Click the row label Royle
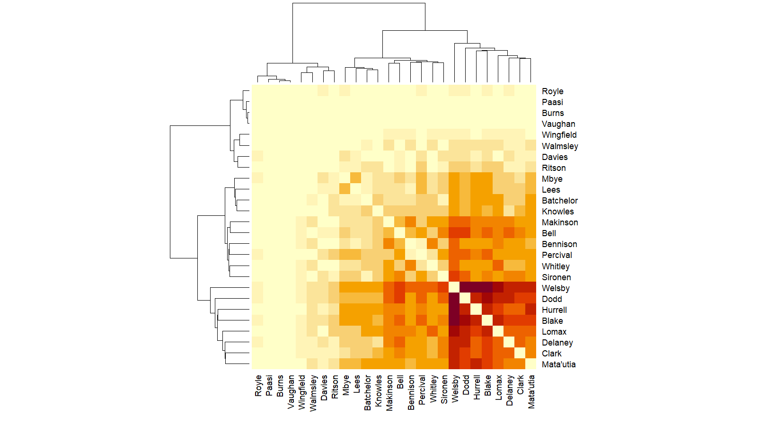tap(552, 91)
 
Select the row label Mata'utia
tap(558, 364)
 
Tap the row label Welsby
tap(556, 288)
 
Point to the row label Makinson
tap(560, 222)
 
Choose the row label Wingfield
tap(559, 135)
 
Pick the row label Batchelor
tap(560, 201)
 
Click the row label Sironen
tap(556, 277)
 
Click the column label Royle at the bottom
tap(258, 386)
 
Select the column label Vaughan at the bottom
tap(291, 392)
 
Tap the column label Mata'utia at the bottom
tap(531, 392)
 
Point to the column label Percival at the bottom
tap(422, 390)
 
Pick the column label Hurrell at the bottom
tap(477, 388)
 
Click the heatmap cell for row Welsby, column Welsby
tap(454, 287)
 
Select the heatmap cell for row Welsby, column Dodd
tap(465, 287)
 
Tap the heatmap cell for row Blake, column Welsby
tap(454, 320)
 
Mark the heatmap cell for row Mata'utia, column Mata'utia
tap(531, 364)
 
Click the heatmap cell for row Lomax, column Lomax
tap(498, 331)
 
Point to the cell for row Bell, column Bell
tap(399, 233)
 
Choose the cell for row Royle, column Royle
tap(257, 91)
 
